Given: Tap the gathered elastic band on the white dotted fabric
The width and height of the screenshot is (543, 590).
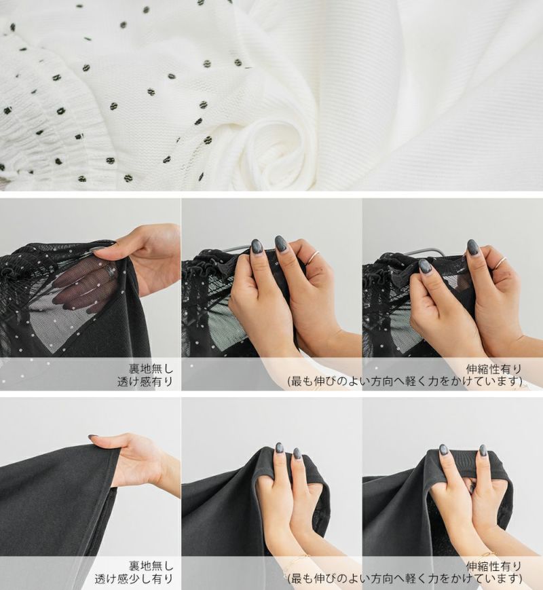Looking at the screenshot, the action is point(49,124).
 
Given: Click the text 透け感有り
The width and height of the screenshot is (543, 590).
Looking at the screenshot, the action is point(145,382).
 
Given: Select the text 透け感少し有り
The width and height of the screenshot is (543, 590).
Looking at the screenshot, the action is point(134,578).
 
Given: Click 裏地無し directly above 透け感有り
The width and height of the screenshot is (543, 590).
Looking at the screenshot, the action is point(151,367).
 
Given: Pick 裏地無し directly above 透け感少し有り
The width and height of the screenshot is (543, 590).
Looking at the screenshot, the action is point(151,565).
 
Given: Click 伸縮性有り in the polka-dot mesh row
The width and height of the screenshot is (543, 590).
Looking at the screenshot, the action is point(493,369).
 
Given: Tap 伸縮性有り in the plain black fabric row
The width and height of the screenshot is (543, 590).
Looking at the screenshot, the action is point(493,566).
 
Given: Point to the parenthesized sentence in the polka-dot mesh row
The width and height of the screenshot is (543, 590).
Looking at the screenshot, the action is point(405,382).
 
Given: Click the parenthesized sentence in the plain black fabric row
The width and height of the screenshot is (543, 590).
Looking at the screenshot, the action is point(405,578).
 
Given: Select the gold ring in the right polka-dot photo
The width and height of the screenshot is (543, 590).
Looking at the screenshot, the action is point(500,263).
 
